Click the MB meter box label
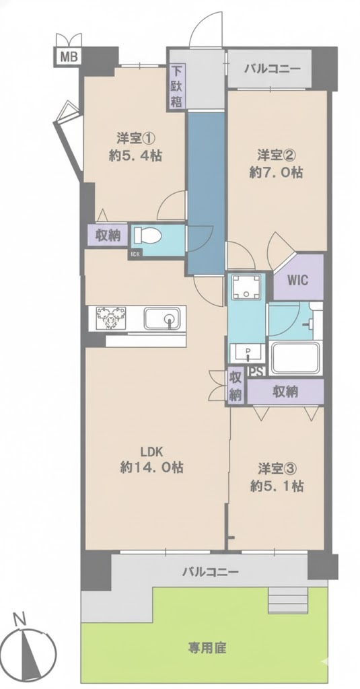pos(67,56)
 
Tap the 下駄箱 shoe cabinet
pos(176,86)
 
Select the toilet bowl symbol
pos(147,235)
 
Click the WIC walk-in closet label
pos(298,280)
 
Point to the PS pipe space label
pos(256,371)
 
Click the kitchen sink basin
pos(161,318)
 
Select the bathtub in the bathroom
pos(295,358)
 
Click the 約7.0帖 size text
pos(277,172)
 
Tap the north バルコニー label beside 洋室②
pos(272,69)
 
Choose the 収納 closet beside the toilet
pos(108,236)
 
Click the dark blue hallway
pos(206,192)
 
